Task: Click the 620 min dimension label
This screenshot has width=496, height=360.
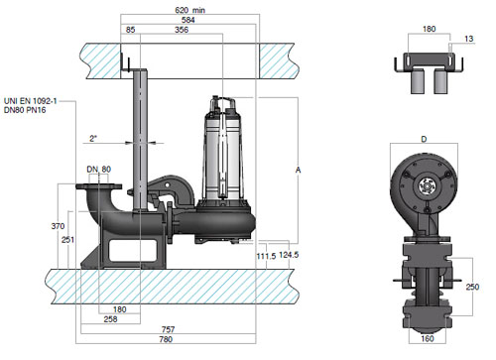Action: pos(189,10)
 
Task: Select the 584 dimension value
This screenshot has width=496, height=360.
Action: pos(187,20)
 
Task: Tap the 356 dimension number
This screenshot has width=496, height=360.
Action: pos(182,30)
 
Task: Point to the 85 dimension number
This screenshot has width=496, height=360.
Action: pos(131,30)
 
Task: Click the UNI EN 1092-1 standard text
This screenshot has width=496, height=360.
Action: pos(30,101)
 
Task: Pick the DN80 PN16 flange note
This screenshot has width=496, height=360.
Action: pos(25,110)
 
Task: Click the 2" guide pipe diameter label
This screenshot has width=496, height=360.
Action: pos(93,138)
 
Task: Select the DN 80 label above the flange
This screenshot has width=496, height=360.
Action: pos(98,170)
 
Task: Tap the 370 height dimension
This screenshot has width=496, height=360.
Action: pos(58,226)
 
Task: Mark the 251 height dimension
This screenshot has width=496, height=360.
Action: pos(67,240)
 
